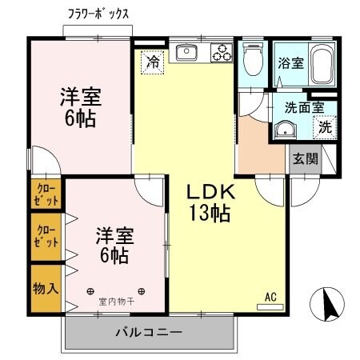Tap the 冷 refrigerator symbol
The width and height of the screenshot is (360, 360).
tap(151, 61)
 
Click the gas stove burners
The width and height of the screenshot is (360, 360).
tap(221, 52)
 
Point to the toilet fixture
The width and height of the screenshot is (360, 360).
tap(253, 60)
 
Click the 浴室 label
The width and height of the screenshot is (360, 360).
tap(289, 63)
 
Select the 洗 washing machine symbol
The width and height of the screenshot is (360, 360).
tap(325, 126)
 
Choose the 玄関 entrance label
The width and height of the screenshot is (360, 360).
tap(305, 158)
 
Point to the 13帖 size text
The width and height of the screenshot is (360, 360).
tap(210, 214)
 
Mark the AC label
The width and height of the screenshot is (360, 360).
tap(270, 298)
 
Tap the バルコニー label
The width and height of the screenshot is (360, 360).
tap(149, 332)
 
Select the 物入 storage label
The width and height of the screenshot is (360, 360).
tap(46, 287)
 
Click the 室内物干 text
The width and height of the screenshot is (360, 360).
tap(117, 302)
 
